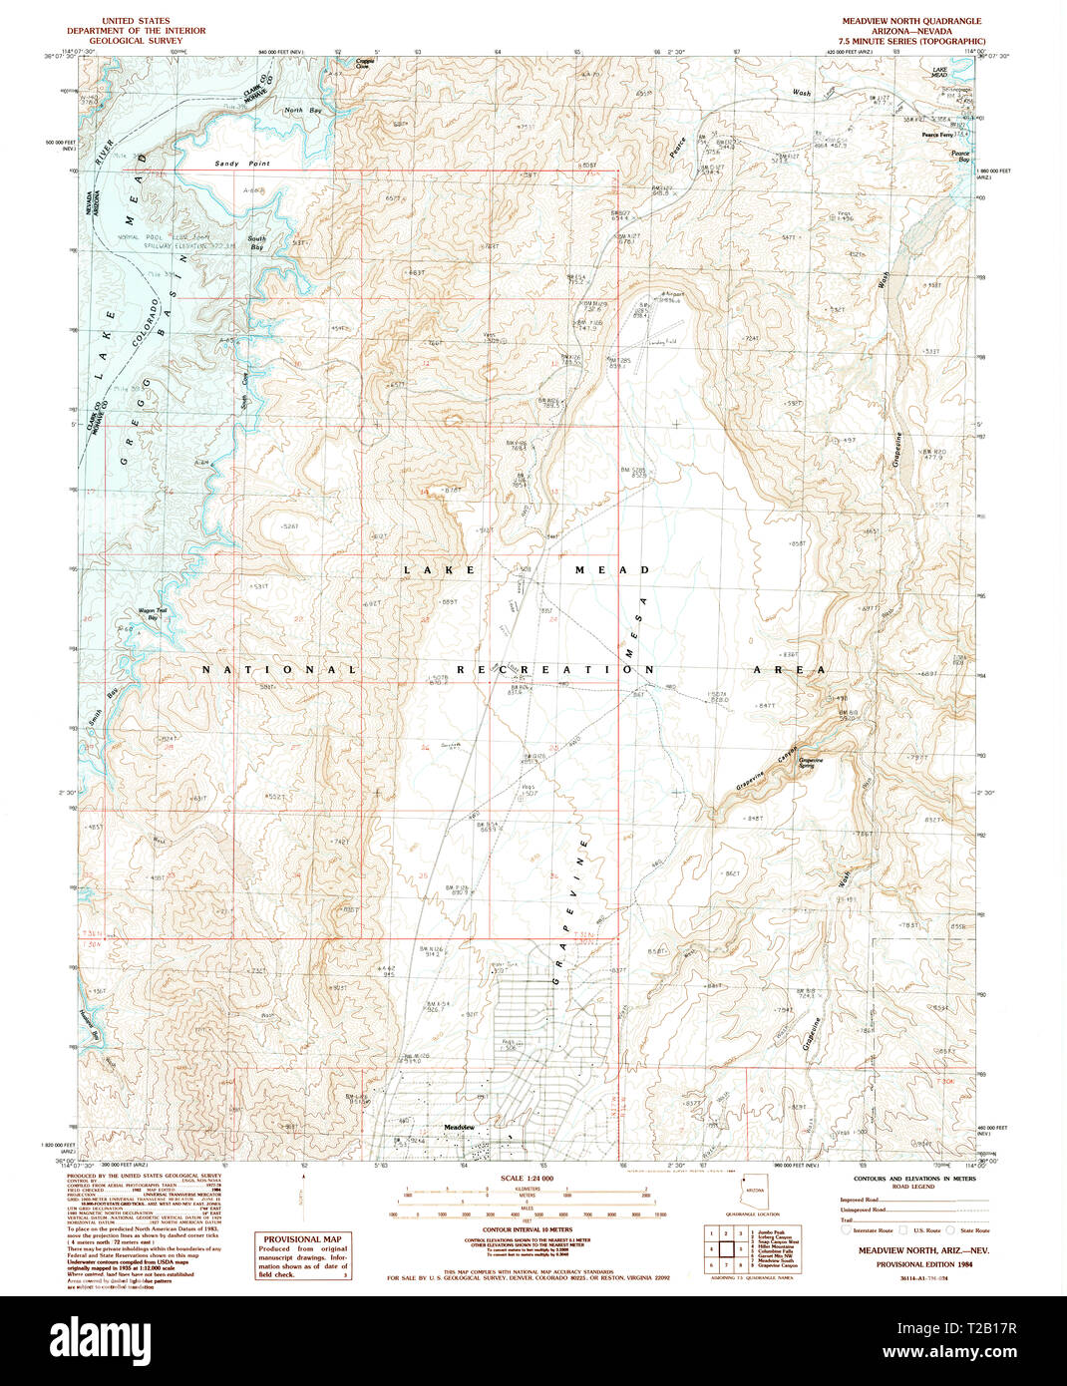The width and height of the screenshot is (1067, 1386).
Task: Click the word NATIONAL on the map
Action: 279,670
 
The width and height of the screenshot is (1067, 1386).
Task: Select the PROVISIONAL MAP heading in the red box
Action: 303,1239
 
